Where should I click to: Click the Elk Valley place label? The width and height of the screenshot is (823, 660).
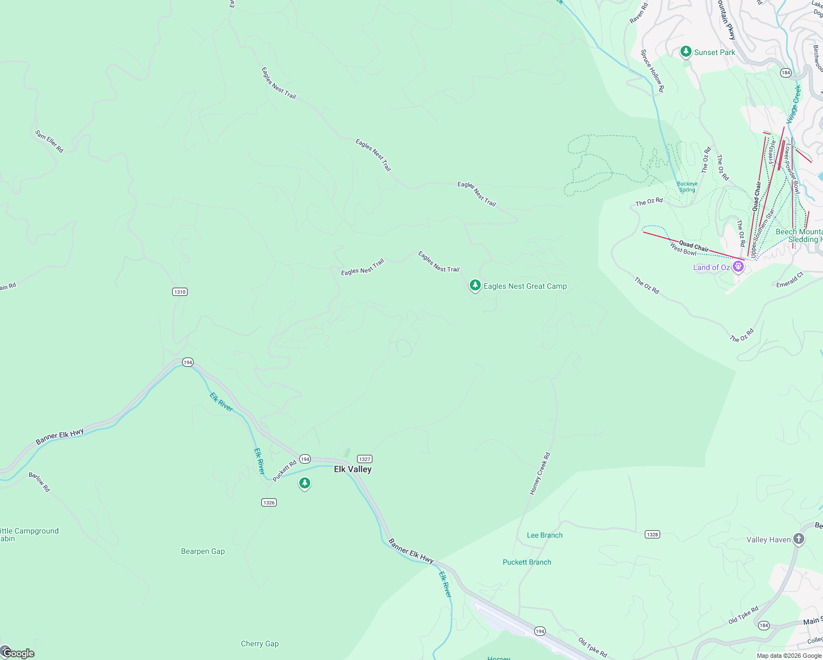coord(353,469)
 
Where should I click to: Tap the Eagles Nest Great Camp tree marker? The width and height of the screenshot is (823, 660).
coord(475,285)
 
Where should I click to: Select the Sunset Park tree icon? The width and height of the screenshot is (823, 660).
coord(685,52)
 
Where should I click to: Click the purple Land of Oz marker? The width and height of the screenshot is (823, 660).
coord(738,267)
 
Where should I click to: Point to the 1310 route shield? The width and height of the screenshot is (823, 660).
coord(180,291)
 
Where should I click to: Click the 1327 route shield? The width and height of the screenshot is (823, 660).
coord(365,459)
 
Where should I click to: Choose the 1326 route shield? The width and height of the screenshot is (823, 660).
coord(269,502)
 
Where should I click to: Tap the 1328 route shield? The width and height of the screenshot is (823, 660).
coord(652,534)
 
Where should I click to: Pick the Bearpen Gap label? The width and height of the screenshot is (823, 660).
coord(203,551)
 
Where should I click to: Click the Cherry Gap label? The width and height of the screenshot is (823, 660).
coord(260,643)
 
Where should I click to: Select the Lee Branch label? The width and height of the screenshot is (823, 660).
coord(545,535)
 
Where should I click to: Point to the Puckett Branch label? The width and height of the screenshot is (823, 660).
coord(527,562)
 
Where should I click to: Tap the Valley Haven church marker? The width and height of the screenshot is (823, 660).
coord(799,540)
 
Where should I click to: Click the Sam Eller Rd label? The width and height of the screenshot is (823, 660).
coord(50,141)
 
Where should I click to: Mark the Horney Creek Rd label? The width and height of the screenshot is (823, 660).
coord(540,474)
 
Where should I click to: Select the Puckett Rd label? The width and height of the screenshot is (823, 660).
coord(284,471)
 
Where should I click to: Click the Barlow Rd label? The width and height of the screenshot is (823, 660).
coord(39,482)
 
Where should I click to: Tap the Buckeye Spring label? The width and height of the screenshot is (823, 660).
coord(687,187)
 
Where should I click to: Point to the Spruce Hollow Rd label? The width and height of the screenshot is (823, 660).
coord(652,71)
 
